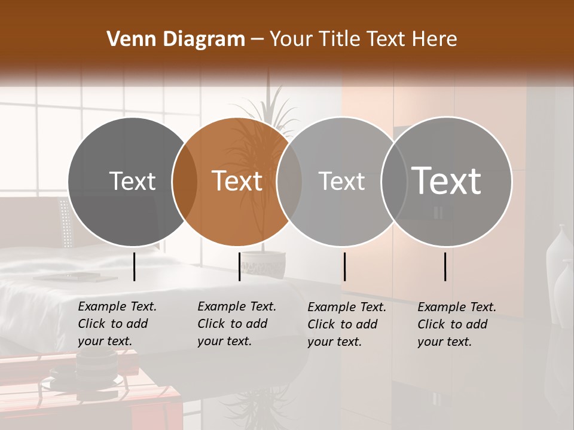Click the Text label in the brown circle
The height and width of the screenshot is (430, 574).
point(237,181)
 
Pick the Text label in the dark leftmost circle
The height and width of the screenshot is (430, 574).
point(132,181)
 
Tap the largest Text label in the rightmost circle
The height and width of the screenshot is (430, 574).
point(447,180)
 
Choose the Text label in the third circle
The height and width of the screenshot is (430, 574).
point(341,181)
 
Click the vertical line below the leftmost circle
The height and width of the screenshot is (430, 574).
point(134,266)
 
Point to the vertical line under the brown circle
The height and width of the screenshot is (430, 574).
point(239,266)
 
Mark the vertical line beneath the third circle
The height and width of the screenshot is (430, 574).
point(344,266)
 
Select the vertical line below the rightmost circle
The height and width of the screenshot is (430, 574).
point(445,266)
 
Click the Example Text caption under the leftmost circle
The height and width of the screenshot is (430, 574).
point(117,324)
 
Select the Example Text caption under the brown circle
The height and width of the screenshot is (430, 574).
point(237,324)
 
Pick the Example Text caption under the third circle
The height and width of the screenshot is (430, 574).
point(347,324)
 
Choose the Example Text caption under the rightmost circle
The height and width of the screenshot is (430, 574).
point(457,324)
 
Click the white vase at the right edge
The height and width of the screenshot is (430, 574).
point(559,263)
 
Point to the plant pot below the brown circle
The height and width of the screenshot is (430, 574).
point(264,263)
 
